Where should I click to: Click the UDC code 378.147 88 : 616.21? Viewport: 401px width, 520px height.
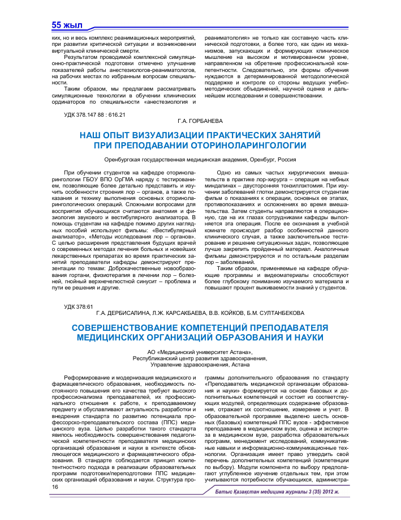click(x=94, y=114)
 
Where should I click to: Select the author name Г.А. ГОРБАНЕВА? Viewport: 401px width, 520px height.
click(x=200, y=121)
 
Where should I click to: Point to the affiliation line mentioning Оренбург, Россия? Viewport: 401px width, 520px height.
click(x=200, y=160)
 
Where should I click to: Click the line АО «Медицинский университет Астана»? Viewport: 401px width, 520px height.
click(x=200, y=352)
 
